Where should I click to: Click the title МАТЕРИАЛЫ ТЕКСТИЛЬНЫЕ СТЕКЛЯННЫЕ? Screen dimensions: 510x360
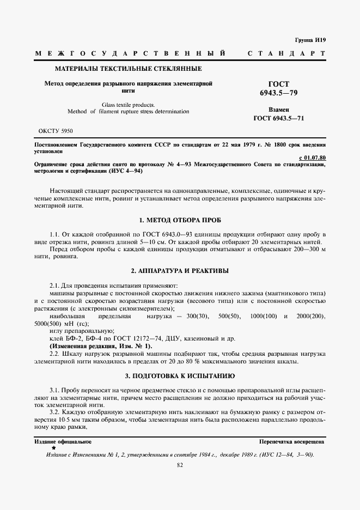click(x=128, y=69)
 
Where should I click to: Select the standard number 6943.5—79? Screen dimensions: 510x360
click(x=279, y=93)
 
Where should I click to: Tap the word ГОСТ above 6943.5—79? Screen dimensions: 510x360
click(x=279, y=84)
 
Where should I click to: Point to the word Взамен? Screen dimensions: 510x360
click(x=279, y=110)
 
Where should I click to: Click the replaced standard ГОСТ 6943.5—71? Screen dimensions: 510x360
click(x=279, y=118)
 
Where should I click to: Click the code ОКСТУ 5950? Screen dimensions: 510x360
click(x=56, y=131)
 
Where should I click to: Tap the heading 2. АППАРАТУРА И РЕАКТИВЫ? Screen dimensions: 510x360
click(x=180, y=270)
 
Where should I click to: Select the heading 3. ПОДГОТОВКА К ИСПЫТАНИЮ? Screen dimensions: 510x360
click(x=180, y=376)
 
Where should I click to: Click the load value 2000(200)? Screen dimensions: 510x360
click(x=311, y=316)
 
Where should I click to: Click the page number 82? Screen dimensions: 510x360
click(x=180, y=465)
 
